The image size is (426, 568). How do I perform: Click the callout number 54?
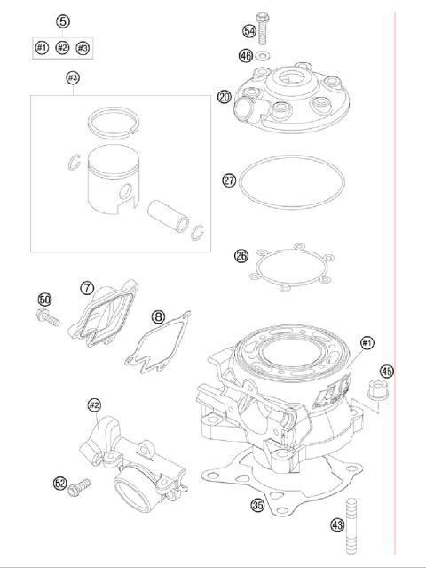pyautogui.click(x=249, y=31)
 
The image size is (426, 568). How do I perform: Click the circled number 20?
pyautogui.click(x=225, y=97)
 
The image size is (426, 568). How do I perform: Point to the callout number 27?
pyautogui.click(x=229, y=180)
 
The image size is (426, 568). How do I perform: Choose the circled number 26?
pyautogui.click(x=241, y=255)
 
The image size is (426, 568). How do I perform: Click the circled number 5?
pyautogui.click(x=62, y=20)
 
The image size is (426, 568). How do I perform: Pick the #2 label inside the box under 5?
pyautogui.click(x=62, y=47)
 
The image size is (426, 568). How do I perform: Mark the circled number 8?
pyautogui.click(x=157, y=316)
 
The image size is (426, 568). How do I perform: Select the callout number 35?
pyautogui.click(x=258, y=505)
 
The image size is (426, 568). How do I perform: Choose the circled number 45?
pyautogui.click(x=386, y=372)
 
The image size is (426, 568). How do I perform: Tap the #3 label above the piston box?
pyautogui.click(x=73, y=78)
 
